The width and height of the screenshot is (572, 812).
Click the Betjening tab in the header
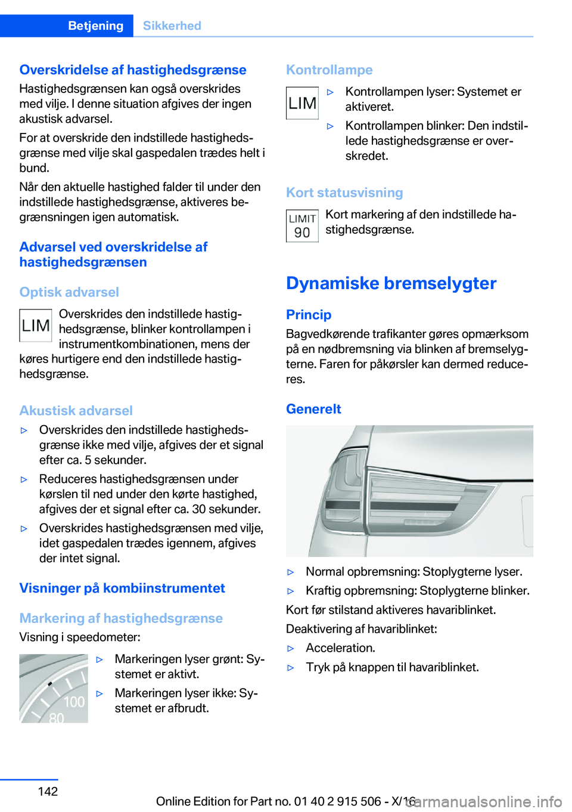[x=95, y=26]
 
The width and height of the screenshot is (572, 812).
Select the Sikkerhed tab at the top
[x=172, y=26]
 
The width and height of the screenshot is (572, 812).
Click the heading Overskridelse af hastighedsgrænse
[x=132, y=70]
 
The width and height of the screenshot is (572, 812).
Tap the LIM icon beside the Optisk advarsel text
[x=36, y=326]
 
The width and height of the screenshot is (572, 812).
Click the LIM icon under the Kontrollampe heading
[x=302, y=103]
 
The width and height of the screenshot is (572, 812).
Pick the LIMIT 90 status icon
[x=302, y=226]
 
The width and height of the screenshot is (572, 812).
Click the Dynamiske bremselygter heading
[x=391, y=283]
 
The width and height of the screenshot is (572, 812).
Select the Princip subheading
[x=308, y=315]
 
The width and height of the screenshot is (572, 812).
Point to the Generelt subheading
[x=313, y=409]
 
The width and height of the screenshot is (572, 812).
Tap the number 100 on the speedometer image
[x=74, y=702]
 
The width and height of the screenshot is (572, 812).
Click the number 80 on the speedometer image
[x=56, y=718]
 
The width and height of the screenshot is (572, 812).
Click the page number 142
[x=48, y=791]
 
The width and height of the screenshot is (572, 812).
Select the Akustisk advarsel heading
[x=76, y=411]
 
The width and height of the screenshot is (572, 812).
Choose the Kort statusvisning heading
[x=344, y=193]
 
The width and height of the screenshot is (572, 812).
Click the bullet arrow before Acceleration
[x=291, y=649]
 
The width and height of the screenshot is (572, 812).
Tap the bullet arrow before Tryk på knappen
[x=291, y=668]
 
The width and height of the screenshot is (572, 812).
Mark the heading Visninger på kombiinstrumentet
[x=122, y=588]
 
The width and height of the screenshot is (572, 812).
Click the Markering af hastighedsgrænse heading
[x=121, y=618]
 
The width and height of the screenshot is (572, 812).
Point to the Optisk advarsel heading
[x=69, y=292]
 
